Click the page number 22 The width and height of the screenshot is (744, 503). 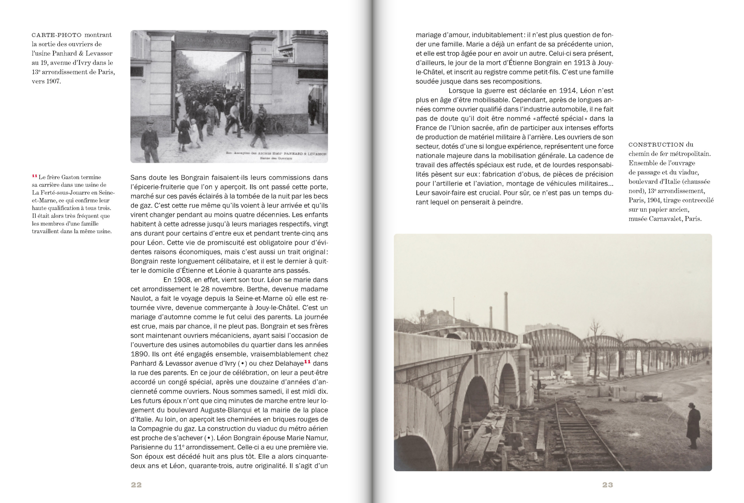coord(136,485)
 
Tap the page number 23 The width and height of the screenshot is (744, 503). coord(607,485)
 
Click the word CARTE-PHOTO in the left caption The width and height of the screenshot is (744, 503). coord(57,35)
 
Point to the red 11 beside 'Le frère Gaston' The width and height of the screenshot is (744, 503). coord(35,176)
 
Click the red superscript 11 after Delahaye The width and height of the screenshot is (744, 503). coord(307,362)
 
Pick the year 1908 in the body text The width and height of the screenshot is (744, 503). coord(182,280)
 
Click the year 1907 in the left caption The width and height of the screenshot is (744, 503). coord(53,81)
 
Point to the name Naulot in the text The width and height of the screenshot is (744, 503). coord(142,298)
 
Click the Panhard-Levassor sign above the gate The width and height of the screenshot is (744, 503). coord(212,41)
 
